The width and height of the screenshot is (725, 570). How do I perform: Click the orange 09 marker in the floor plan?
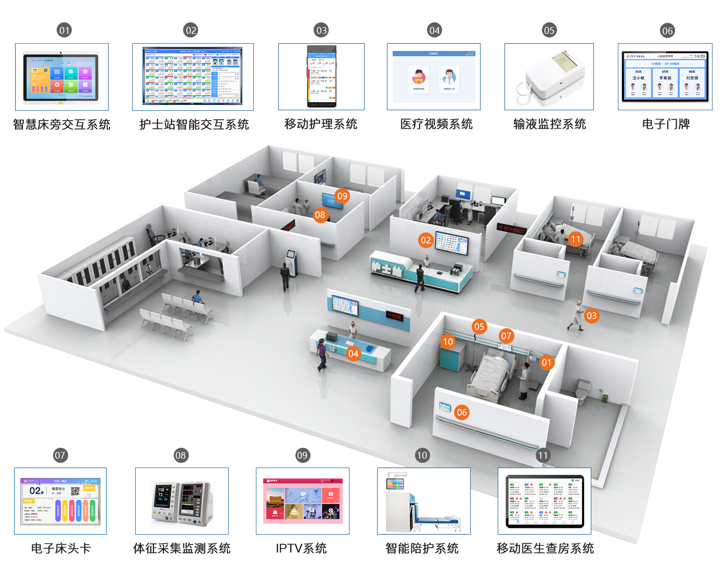[x=342, y=196]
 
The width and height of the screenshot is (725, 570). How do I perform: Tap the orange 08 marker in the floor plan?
[x=320, y=215]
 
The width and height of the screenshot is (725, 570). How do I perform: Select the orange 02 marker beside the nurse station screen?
[x=426, y=240]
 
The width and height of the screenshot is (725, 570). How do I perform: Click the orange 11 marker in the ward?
[x=575, y=239]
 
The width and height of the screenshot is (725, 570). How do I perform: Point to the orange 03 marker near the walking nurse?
[x=591, y=316]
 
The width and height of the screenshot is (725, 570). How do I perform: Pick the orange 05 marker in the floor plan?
[x=480, y=327]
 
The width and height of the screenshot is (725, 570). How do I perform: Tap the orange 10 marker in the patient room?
[x=448, y=342]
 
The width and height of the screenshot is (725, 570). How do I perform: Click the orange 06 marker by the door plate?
[x=462, y=412]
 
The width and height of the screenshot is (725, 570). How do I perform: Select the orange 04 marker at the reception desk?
[x=353, y=354]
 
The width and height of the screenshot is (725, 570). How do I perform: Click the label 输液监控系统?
[x=549, y=124]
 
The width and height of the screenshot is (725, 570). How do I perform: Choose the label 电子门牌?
[x=666, y=124]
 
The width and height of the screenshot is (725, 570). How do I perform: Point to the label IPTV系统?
[x=301, y=548]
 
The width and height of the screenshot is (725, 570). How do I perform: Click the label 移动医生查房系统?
[x=545, y=548]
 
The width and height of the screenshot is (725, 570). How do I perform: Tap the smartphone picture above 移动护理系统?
[x=321, y=76]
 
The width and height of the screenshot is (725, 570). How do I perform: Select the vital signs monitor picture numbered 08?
[x=182, y=502]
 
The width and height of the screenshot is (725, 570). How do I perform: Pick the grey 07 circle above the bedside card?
[x=60, y=456]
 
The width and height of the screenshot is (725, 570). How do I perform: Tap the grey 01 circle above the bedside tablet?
[x=64, y=30]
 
